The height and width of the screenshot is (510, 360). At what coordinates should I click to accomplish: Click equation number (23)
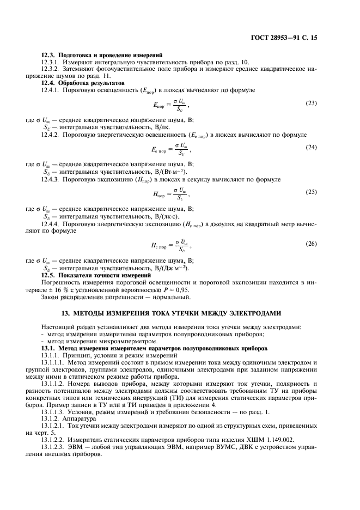pos(311,103)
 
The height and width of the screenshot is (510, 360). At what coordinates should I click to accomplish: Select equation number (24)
pos(311,148)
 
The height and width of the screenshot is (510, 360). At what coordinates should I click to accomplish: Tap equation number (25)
pos(311,192)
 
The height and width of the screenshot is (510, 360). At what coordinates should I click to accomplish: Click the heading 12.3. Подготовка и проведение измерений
pos(101,55)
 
